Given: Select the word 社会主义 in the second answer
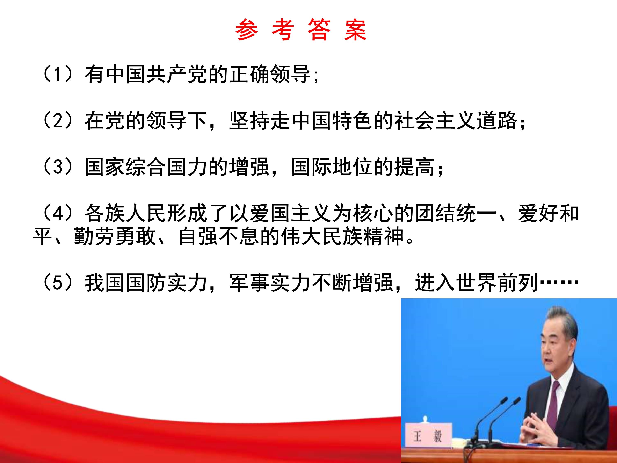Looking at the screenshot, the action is (435, 121).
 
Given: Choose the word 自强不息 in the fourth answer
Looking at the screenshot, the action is (219, 237).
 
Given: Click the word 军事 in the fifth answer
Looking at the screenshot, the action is (250, 283).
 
